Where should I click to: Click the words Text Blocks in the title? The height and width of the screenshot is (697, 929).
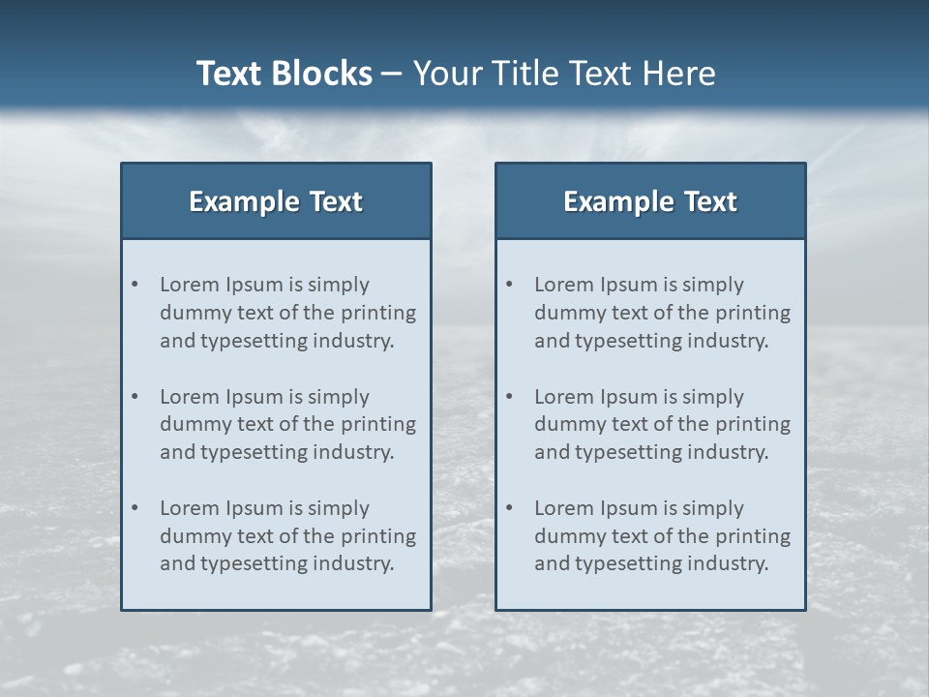point(284,74)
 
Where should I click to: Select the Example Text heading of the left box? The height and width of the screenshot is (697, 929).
point(276,201)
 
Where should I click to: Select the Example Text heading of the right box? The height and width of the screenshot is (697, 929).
point(650,201)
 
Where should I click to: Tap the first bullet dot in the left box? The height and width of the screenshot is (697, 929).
point(135,285)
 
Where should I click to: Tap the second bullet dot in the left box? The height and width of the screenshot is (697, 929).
point(135,397)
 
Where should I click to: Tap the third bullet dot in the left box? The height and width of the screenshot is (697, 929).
point(135,508)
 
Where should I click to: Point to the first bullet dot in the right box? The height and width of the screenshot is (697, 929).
point(509,285)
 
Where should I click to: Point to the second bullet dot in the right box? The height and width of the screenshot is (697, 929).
point(509,397)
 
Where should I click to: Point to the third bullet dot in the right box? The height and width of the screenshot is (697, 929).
point(509,508)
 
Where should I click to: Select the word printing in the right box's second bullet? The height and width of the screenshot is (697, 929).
point(753,424)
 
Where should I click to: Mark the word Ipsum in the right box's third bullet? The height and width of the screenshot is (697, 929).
point(630,508)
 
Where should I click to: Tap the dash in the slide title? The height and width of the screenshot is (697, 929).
point(392,74)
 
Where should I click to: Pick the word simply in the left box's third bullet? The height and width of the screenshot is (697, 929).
point(339,508)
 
